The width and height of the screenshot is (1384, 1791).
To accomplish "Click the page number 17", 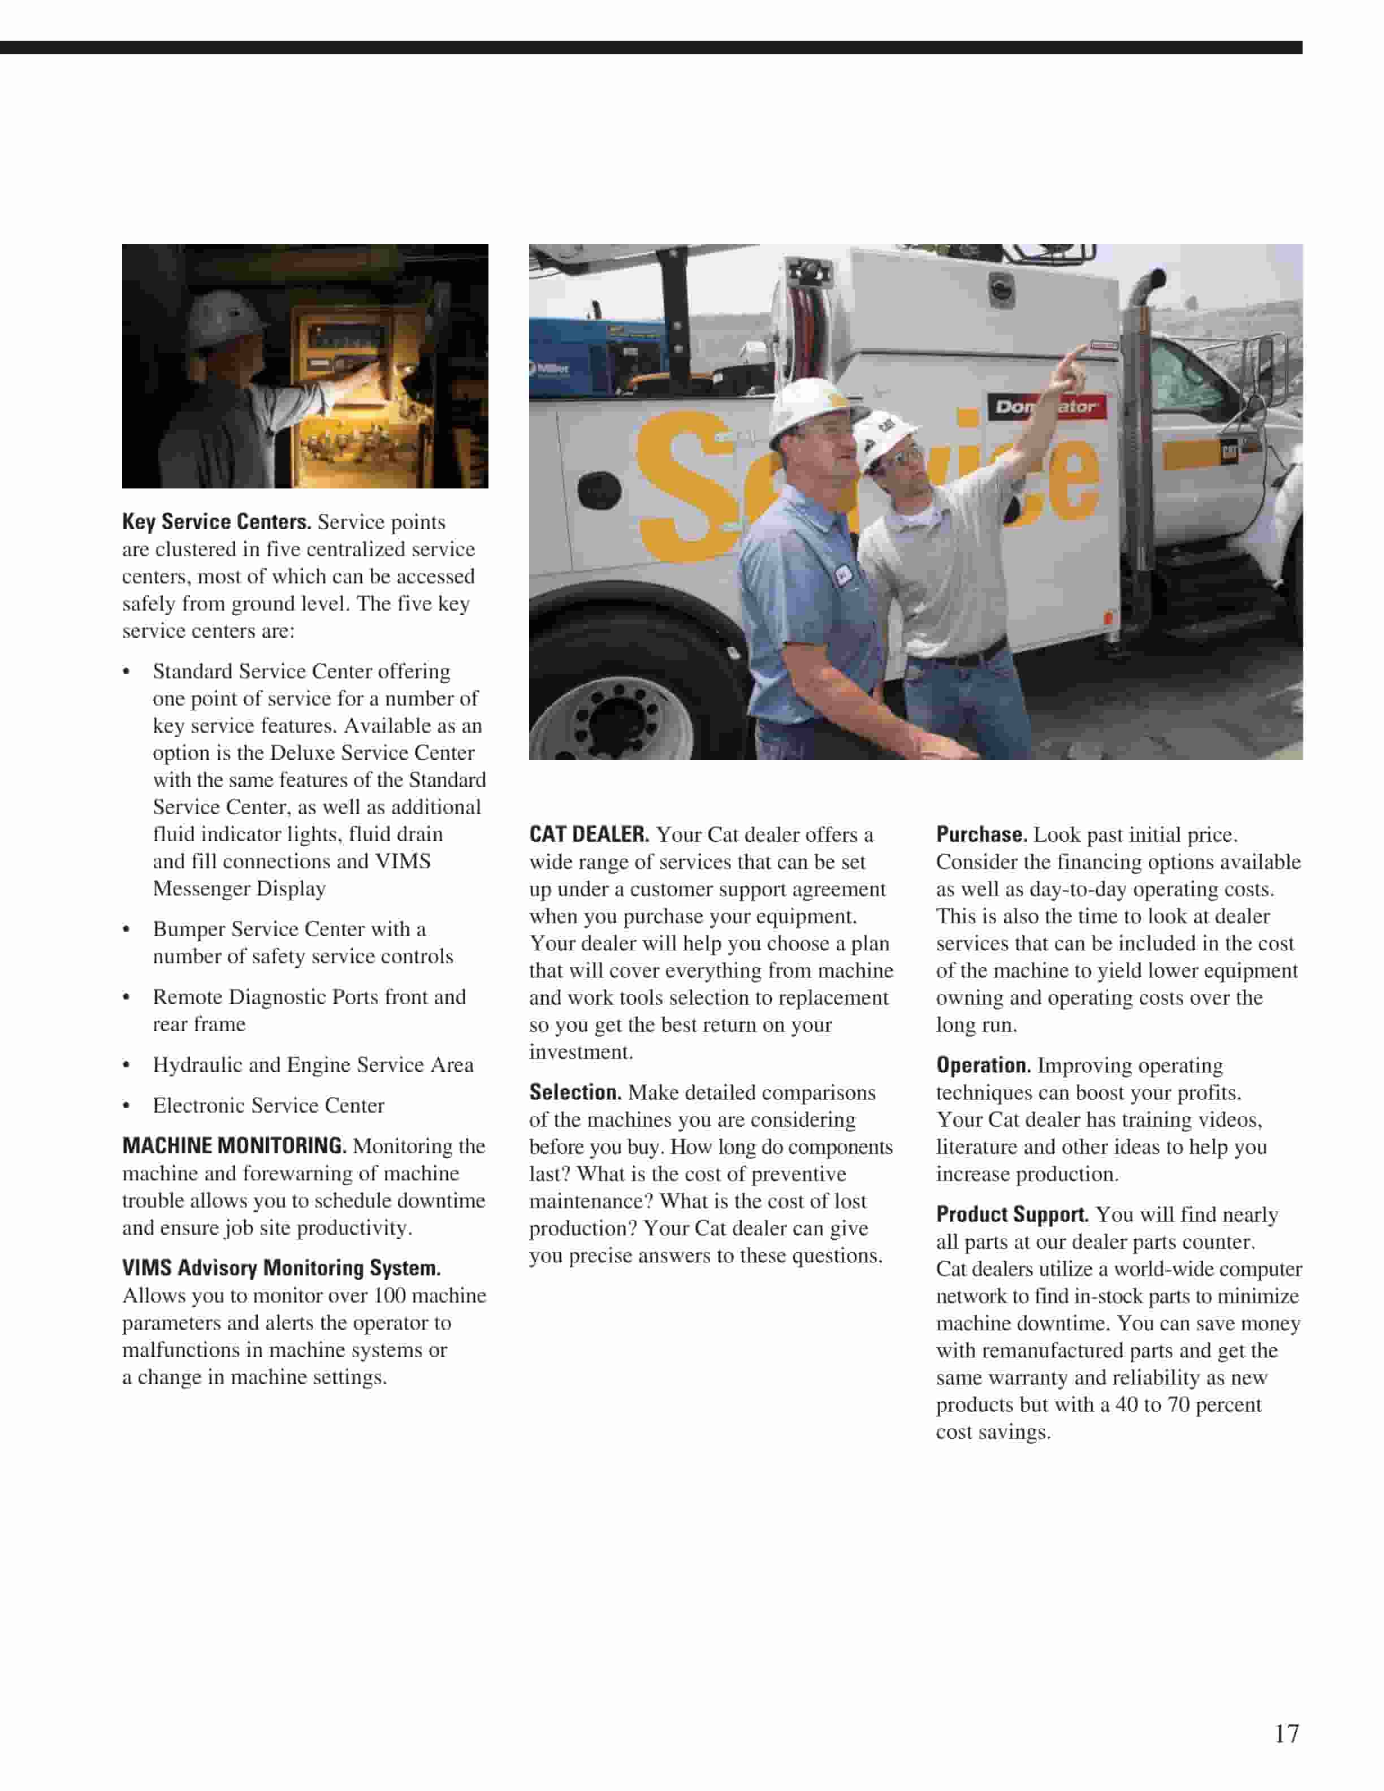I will (1286, 1733).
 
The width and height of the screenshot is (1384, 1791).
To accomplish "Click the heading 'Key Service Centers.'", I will (217, 522).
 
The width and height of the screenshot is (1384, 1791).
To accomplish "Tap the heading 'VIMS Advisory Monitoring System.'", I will (281, 1268).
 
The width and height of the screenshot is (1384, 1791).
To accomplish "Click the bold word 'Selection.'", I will (575, 1092).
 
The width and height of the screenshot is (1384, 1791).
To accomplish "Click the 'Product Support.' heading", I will (1012, 1214).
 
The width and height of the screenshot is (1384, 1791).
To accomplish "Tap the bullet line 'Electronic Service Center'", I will (268, 1105).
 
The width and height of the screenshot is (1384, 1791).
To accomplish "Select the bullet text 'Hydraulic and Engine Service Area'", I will (313, 1065).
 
